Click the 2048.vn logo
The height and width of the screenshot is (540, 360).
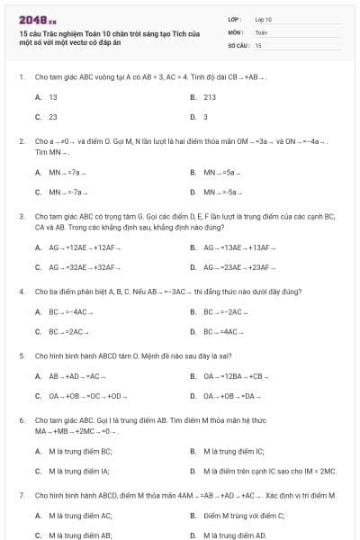point(37,18)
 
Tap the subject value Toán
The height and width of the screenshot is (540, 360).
point(261,31)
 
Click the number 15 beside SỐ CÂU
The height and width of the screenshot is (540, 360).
point(258,44)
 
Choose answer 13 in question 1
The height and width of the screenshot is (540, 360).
point(53,96)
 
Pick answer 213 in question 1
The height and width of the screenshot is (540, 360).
point(209,96)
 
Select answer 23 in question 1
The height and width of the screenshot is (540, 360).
point(53,116)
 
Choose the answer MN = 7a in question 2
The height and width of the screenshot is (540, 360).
point(67,171)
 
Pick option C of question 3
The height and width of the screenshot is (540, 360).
point(76,266)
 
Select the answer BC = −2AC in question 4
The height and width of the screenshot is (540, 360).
point(224,311)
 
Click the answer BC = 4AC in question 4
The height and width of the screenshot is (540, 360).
point(222,331)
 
